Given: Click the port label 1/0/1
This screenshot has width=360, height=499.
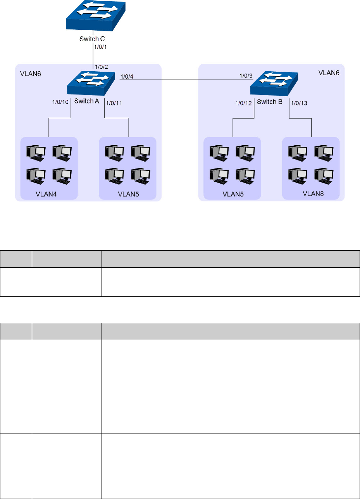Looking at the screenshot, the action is pos(101,48).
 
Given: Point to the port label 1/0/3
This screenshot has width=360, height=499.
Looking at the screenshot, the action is pos(246,76).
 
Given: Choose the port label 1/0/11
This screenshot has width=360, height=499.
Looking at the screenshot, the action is pos(114,103).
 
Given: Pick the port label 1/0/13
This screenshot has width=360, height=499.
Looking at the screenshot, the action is pos(299,103).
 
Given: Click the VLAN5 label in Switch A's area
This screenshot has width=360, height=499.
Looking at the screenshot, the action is pos(127,193).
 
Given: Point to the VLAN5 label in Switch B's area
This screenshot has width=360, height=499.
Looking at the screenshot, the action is pos(233,193).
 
